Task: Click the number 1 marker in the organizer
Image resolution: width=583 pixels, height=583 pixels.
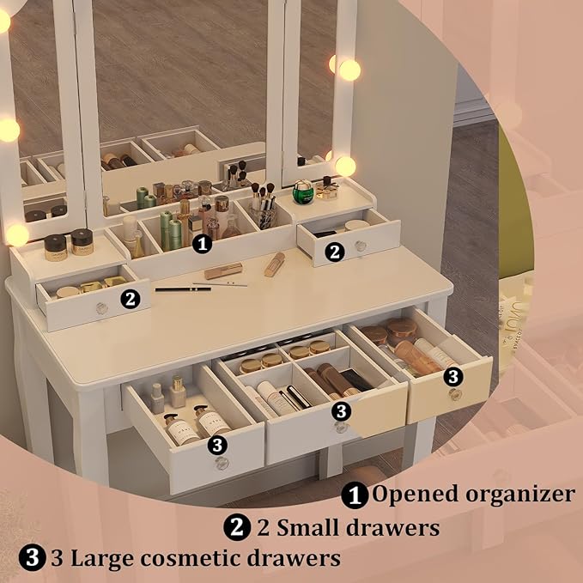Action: [x=203, y=243]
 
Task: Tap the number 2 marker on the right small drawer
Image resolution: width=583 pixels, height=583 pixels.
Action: [x=335, y=251]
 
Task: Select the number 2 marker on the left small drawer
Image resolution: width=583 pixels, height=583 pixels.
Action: [x=131, y=298]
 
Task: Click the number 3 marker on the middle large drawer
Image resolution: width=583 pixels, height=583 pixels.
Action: [x=341, y=411]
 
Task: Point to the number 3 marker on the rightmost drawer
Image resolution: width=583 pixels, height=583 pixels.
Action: [x=454, y=375]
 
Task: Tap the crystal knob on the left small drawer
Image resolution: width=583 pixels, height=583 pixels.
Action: [x=101, y=307]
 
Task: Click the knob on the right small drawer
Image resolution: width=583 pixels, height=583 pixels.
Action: [x=361, y=246]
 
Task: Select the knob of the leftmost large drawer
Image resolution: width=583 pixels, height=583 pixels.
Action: [x=222, y=464]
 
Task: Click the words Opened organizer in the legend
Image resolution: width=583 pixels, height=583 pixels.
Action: [x=472, y=495]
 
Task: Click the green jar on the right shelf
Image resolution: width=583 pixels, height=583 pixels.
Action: [x=302, y=191]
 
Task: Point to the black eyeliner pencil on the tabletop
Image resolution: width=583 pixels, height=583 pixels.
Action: [x=183, y=289]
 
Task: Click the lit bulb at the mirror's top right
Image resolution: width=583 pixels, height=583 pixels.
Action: [x=348, y=70]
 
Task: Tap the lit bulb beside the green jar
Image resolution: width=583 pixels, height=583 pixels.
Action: [x=345, y=166]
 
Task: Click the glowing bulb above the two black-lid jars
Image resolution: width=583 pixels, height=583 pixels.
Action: [x=16, y=234]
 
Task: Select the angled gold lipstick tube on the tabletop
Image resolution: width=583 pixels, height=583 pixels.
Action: [x=274, y=264]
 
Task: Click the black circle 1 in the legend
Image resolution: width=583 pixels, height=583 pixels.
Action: [x=353, y=495]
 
